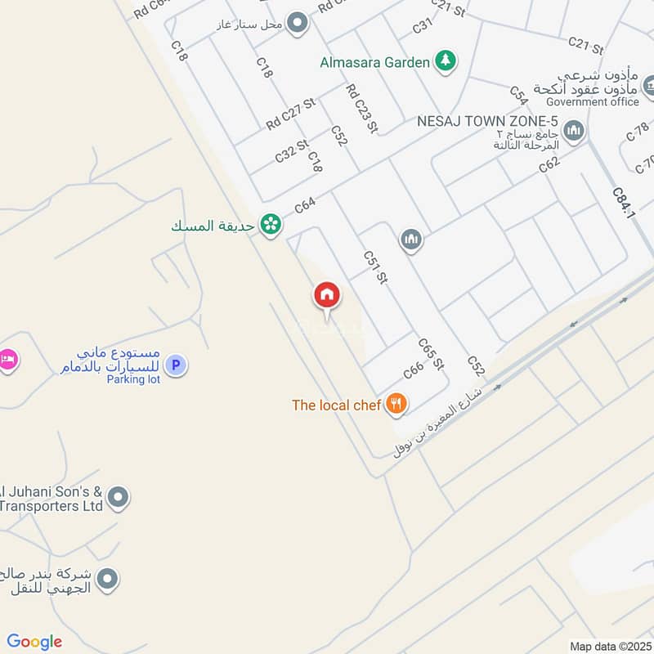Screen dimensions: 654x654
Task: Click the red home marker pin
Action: click(327, 295)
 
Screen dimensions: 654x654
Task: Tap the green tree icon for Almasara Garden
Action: click(445, 60)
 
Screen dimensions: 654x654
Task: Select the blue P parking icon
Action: click(174, 365)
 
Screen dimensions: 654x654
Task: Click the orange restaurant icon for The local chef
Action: click(396, 403)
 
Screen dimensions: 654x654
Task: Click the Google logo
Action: click(34, 641)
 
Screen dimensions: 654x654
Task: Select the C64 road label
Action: click(305, 204)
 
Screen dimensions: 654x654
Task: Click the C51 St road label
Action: click(375, 267)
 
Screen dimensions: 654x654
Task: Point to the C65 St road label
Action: click(430, 353)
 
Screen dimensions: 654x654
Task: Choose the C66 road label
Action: click(413, 370)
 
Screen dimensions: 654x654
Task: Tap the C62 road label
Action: click(549, 163)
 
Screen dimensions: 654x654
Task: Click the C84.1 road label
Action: click(624, 201)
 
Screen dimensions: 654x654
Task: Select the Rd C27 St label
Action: click(289, 114)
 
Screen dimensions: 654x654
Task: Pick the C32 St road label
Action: click(291, 150)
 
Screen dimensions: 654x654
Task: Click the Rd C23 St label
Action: click(361, 108)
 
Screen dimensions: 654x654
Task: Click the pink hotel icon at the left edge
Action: click(7, 359)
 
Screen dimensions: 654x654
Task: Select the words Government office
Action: click(593, 102)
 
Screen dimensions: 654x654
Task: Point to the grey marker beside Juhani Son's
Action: click(119, 496)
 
